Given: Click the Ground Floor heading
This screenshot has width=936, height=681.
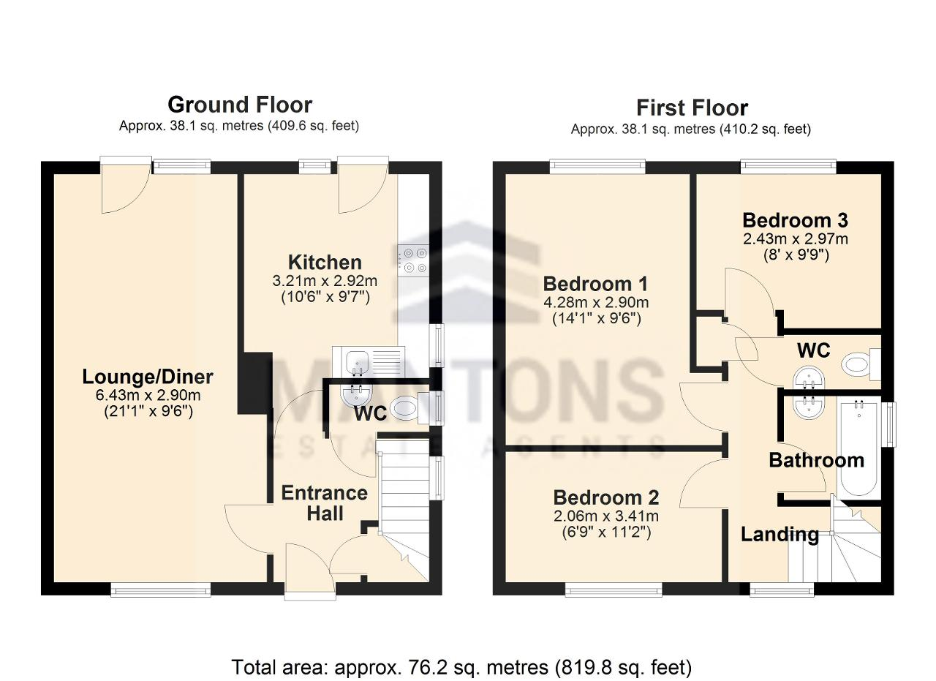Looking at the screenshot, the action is coord(240,105).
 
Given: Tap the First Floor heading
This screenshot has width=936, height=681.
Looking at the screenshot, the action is coord(692,108).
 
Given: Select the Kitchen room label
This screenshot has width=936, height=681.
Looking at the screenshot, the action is coord(325,263).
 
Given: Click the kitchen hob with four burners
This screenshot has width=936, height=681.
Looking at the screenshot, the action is coord(414,260).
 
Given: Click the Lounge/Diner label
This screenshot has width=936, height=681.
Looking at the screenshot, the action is coord(148,377).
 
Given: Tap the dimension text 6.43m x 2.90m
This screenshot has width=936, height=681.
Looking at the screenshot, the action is coord(148,395).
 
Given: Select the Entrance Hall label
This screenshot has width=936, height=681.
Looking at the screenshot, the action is coord(325,503).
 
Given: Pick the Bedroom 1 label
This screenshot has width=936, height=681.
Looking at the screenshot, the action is coord(595,285).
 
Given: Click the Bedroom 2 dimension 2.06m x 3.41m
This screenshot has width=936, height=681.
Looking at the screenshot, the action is coord(606,516).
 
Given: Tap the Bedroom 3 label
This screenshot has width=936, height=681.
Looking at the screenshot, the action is coord(795,220).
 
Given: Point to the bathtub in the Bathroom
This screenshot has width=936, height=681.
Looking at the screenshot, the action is coord(859,448).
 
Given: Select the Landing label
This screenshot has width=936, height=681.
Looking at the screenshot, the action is coord(780,534).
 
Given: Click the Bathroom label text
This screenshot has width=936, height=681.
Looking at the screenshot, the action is coord(817,460).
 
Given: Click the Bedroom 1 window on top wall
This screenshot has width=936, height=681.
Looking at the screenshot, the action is coord(597,167).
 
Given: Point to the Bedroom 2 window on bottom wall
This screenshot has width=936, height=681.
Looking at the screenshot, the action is coord(614,590).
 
